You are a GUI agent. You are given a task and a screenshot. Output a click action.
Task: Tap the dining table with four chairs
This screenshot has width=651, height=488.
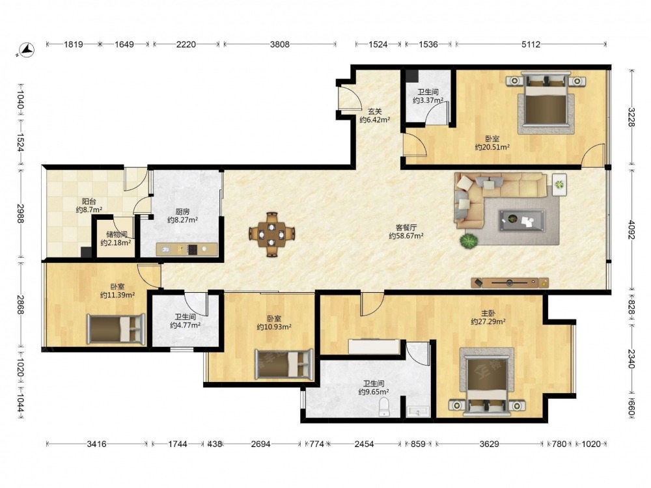click(x=272, y=234)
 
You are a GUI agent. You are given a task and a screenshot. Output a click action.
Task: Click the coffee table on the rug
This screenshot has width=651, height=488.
click(x=522, y=220)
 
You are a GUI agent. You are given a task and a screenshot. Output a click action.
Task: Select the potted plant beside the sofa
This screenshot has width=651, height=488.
click(x=469, y=241)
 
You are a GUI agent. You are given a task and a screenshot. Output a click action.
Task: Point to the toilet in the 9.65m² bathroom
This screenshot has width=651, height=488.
click(x=385, y=407)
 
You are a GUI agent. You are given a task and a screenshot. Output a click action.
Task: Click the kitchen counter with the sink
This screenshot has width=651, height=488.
click(x=186, y=249)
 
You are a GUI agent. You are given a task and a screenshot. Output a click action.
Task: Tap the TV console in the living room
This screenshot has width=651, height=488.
click(x=510, y=283)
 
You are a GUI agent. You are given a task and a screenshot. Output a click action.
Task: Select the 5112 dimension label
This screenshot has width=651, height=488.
click(x=531, y=44)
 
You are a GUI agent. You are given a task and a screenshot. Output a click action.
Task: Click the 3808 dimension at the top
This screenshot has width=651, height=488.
click(x=280, y=44)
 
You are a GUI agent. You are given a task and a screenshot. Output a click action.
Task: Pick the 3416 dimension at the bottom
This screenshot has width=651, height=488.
click(x=96, y=444)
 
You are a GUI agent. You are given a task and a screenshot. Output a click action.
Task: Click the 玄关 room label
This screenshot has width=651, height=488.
click(x=374, y=111)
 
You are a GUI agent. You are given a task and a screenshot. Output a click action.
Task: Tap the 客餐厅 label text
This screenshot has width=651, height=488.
click(x=406, y=227)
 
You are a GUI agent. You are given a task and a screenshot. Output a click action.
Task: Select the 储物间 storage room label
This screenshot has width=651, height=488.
click(x=117, y=234)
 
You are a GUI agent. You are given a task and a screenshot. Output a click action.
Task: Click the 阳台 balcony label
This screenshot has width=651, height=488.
click(x=89, y=201)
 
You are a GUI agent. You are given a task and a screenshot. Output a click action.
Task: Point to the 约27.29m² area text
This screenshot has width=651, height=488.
click(x=488, y=321)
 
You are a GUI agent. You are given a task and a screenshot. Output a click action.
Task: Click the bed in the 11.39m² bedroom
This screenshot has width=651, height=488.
click(x=116, y=329)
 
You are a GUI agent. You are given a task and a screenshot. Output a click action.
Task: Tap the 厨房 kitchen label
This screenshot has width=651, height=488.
click(x=183, y=211)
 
